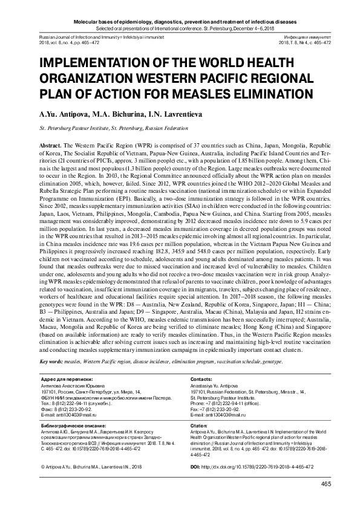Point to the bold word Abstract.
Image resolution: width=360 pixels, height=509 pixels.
point(51,147)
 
